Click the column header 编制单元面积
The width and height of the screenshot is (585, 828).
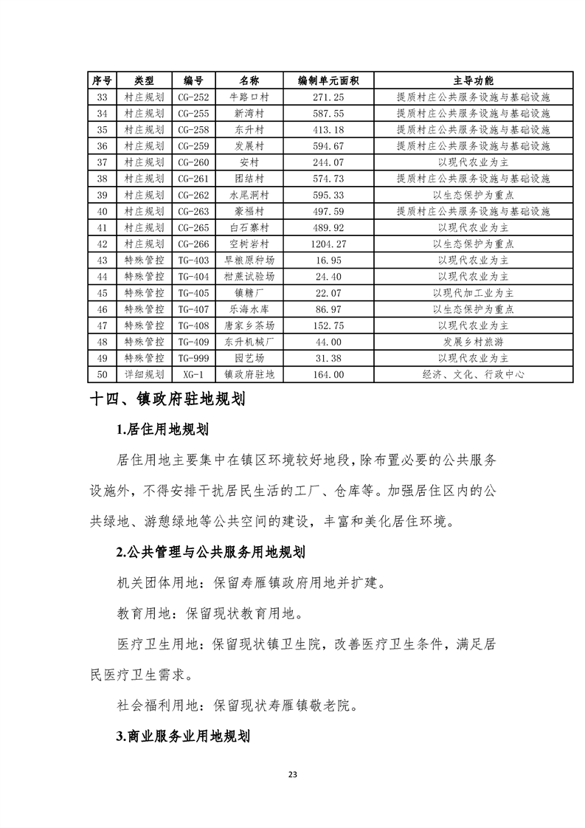(x=328, y=80)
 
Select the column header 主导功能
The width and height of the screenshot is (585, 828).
(x=473, y=80)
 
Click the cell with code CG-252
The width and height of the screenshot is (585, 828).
(x=193, y=97)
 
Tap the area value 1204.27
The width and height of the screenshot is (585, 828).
(x=328, y=244)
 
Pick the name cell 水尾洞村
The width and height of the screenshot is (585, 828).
(x=249, y=195)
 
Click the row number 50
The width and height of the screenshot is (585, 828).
(x=102, y=374)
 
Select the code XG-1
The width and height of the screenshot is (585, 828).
(x=193, y=374)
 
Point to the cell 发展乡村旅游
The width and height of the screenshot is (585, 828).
(x=473, y=342)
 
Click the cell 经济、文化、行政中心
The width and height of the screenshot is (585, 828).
(x=473, y=374)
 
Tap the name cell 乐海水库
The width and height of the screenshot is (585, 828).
(x=249, y=309)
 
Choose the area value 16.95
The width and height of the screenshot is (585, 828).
(x=328, y=260)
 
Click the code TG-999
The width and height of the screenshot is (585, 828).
(x=193, y=358)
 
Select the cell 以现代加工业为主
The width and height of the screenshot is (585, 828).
(x=473, y=293)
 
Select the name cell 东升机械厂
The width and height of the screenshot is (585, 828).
(x=249, y=342)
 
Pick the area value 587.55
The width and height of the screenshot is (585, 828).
(x=328, y=113)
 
